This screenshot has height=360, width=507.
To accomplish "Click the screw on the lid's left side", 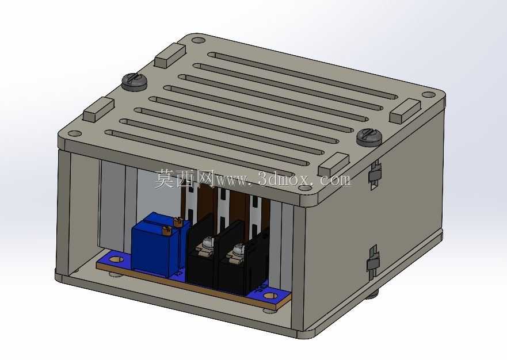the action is pyautogui.click(x=135, y=82).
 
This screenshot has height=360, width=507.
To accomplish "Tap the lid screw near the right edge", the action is pyautogui.click(x=369, y=137).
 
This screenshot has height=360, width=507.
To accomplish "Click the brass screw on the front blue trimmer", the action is pyautogui.click(x=166, y=231).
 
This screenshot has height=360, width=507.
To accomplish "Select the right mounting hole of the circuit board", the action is pyautogui.click(x=271, y=295).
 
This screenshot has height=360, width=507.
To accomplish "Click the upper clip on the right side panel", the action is pyautogui.click(x=375, y=174).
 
